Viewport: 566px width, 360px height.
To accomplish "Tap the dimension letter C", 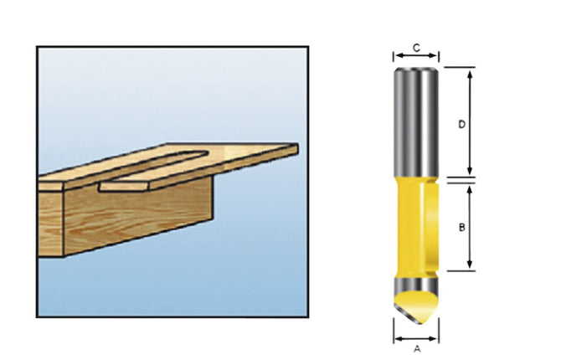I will point(416,47).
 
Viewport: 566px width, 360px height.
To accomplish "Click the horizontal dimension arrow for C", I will point(416,58).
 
